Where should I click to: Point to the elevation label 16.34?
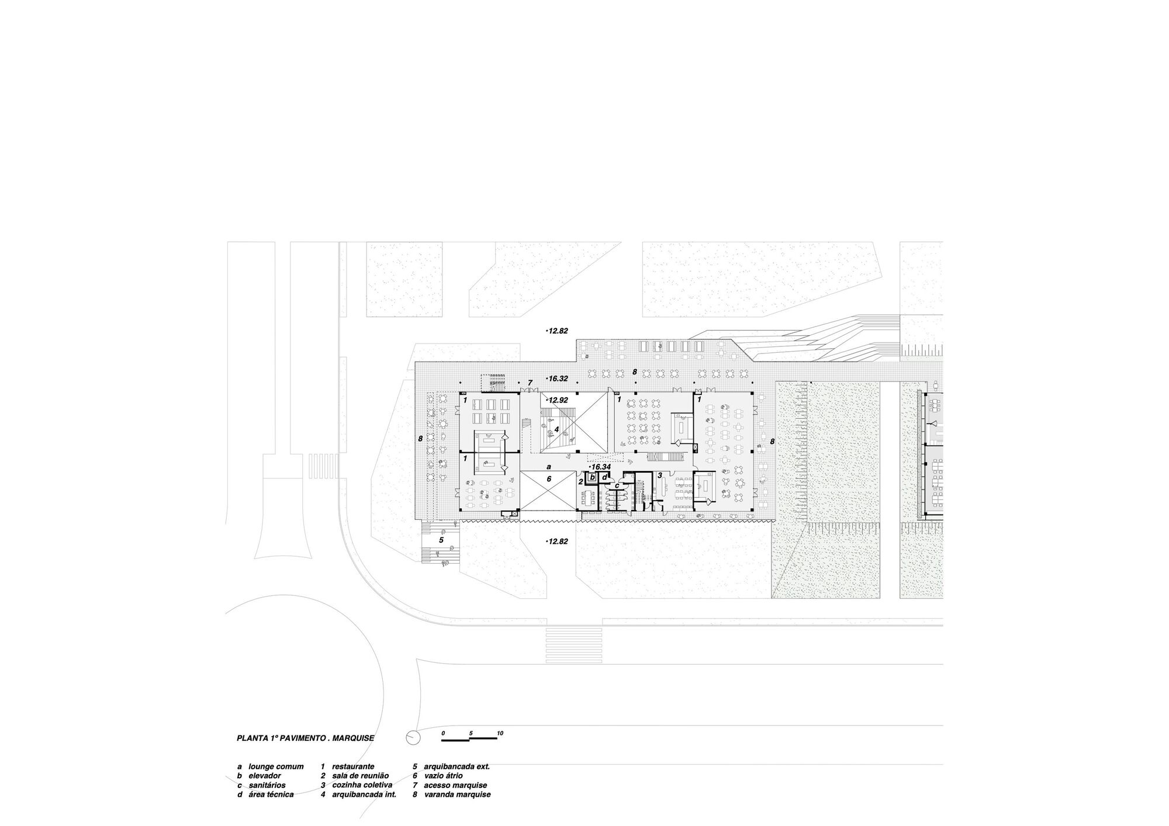click(600, 467)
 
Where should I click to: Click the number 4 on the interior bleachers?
click(556, 429)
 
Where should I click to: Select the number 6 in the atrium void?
click(548, 478)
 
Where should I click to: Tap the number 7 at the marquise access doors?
click(530, 383)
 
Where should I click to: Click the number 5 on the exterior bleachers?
click(441, 540)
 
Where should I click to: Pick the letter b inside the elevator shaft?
click(592, 478)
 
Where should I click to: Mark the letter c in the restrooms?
click(617, 485)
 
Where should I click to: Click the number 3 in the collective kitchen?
click(659, 476)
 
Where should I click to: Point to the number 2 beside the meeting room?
click(580, 482)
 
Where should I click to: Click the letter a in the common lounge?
click(548, 467)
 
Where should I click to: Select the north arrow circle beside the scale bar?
click(413, 737)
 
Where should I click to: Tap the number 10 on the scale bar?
click(500, 733)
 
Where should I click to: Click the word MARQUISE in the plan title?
click(353, 738)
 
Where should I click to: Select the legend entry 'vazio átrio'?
click(444, 776)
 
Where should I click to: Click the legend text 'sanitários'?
click(267, 785)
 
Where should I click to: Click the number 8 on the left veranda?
click(420, 438)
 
